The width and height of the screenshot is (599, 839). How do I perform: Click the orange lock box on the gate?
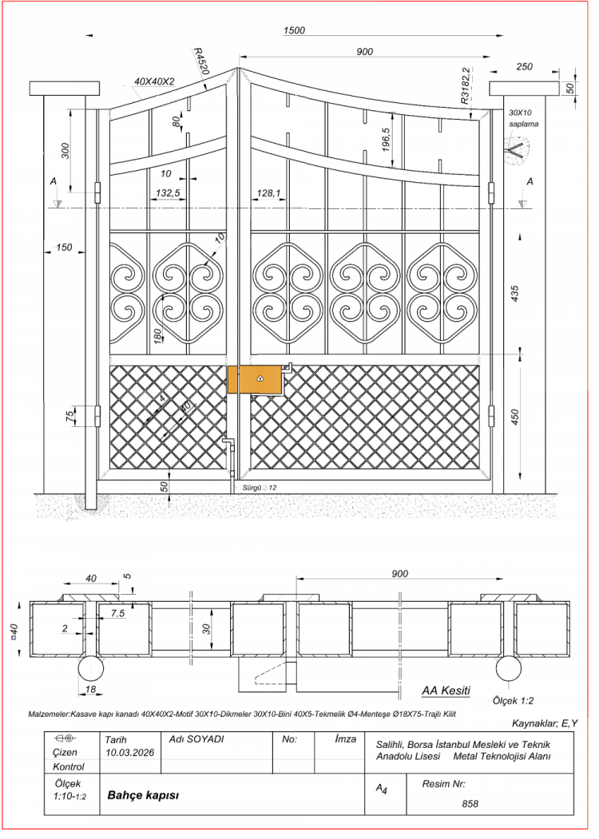[255, 379]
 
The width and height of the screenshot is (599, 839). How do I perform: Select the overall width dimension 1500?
[294, 30]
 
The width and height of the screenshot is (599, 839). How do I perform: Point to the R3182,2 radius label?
[465, 85]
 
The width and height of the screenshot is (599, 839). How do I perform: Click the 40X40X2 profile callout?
[154, 82]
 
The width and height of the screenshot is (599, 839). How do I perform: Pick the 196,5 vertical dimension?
[386, 139]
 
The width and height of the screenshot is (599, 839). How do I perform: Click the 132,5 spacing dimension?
[168, 192]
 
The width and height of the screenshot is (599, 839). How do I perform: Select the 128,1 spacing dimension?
[268, 192]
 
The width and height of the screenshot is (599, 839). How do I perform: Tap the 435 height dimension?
[515, 294]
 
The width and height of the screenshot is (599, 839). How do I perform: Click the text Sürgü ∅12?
[260, 488]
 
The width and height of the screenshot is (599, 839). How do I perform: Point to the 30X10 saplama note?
[523, 118]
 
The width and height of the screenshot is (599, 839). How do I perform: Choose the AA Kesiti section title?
[446, 691]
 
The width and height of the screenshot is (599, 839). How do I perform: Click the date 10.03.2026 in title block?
[129, 752]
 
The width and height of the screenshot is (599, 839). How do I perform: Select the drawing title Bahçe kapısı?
[136, 795]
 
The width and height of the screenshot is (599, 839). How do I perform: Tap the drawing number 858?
[470, 804]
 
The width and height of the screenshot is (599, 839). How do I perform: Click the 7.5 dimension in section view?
[117, 614]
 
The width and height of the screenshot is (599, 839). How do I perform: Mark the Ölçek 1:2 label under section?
[513, 700]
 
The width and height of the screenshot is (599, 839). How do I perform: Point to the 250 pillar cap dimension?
[524, 66]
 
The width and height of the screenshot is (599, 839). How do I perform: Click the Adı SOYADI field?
[196, 739]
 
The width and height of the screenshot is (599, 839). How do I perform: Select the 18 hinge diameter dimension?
[90, 689]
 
